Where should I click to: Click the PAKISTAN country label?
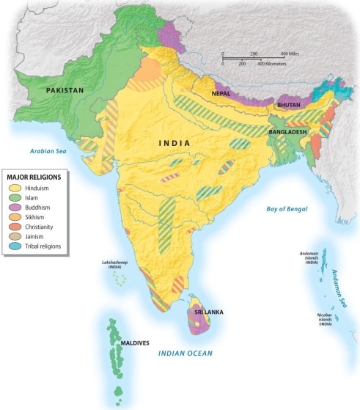(x=65, y=89)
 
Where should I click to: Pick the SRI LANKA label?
(x=208, y=312)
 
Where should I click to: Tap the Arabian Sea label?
(x=48, y=150)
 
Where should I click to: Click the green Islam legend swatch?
(x=14, y=198)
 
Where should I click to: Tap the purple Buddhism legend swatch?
(x=14, y=208)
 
